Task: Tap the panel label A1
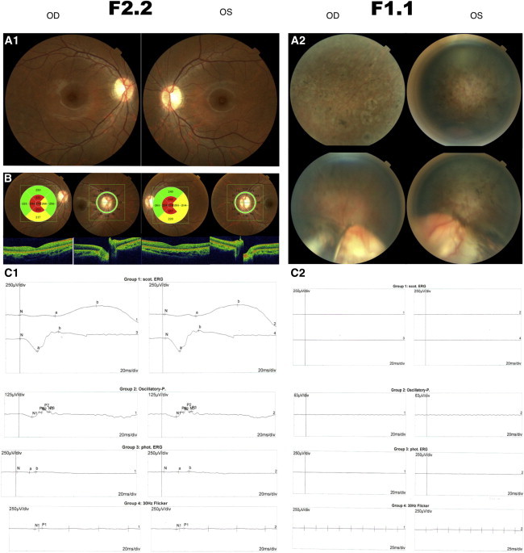point(14,40)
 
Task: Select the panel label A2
point(299,40)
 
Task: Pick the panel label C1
point(14,274)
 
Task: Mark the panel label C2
point(301,274)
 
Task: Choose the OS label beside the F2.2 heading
point(228,15)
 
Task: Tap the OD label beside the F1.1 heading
point(333,15)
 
